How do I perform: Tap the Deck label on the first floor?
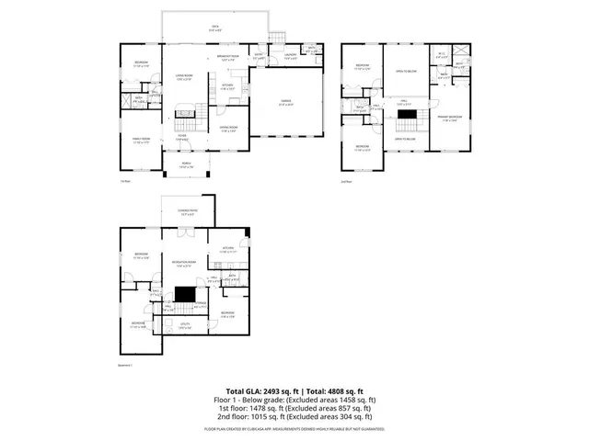[x=214, y=28]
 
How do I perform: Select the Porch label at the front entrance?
[x=186, y=165]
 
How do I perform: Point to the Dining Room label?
[x=228, y=128]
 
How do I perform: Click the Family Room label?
[x=140, y=141]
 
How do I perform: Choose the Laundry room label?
[x=291, y=56]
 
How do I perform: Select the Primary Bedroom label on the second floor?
[x=449, y=119]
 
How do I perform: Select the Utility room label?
[x=186, y=327]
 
